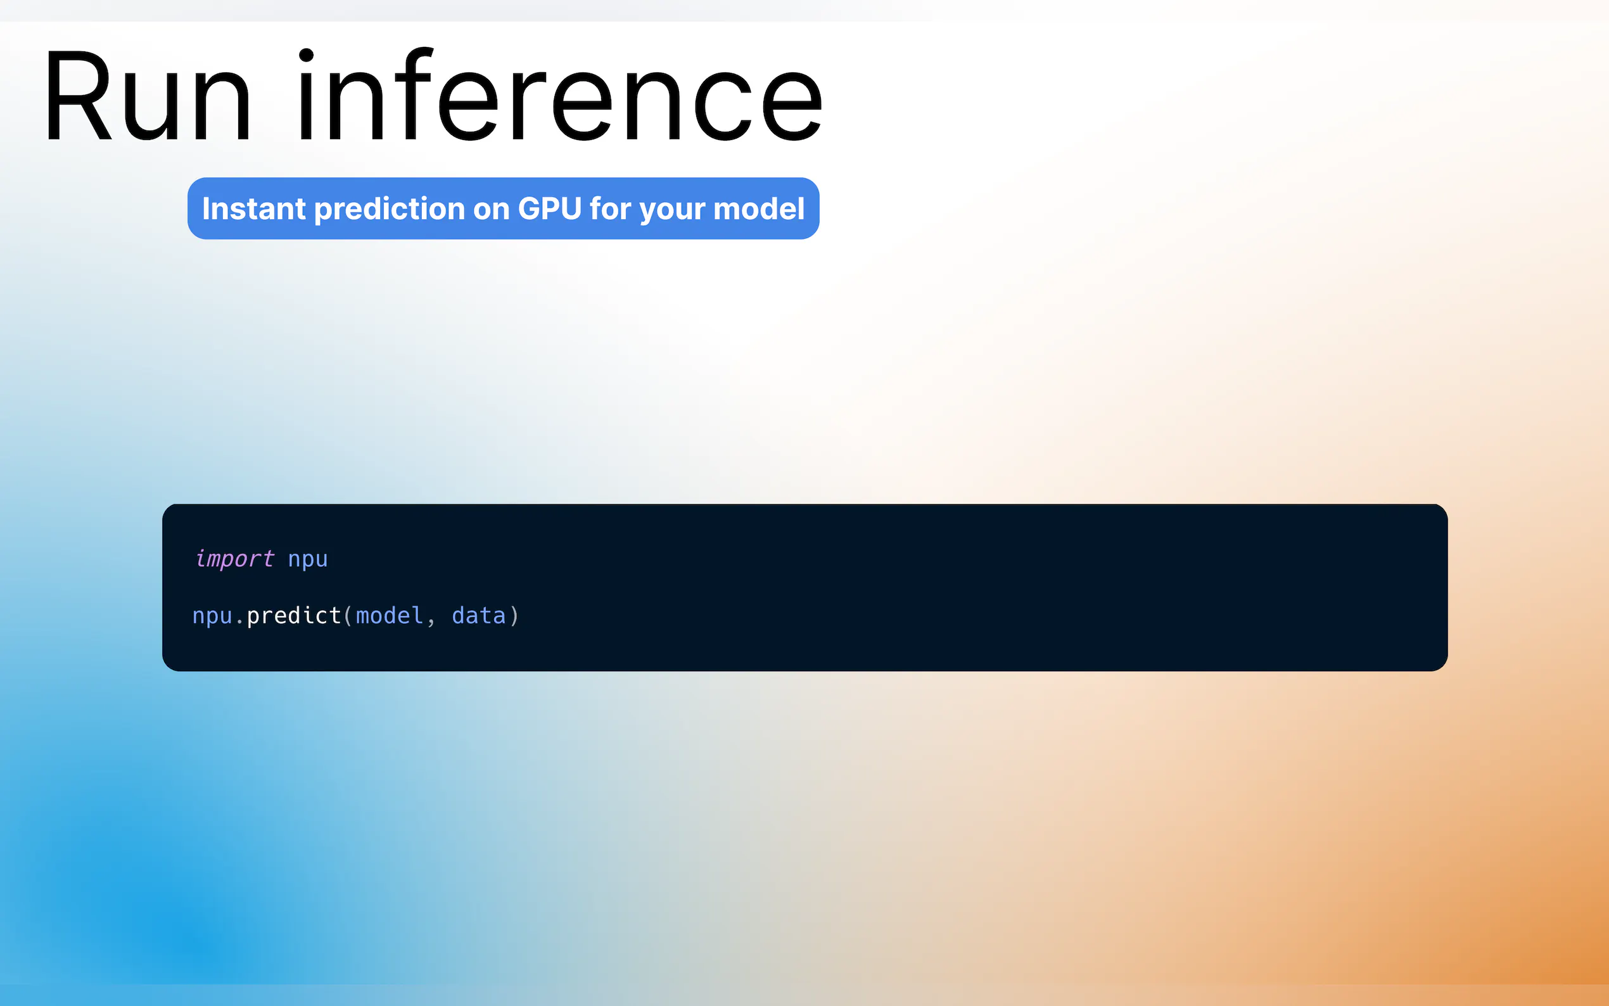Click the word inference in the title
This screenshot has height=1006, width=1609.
tap(560, 94)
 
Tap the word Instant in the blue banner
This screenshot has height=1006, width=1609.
tap(253, 208)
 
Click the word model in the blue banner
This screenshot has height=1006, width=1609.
tap(759, 208)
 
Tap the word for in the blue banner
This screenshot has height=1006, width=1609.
tap(610, 208)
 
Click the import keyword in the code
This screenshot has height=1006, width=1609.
tap(234, 559)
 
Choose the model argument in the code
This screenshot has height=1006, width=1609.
tap(390, 615)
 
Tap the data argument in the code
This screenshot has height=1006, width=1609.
tap(478, 615)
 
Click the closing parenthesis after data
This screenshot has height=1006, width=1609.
tap(514, 615)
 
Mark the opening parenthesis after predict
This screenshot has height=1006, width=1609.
tap(348, 615)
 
